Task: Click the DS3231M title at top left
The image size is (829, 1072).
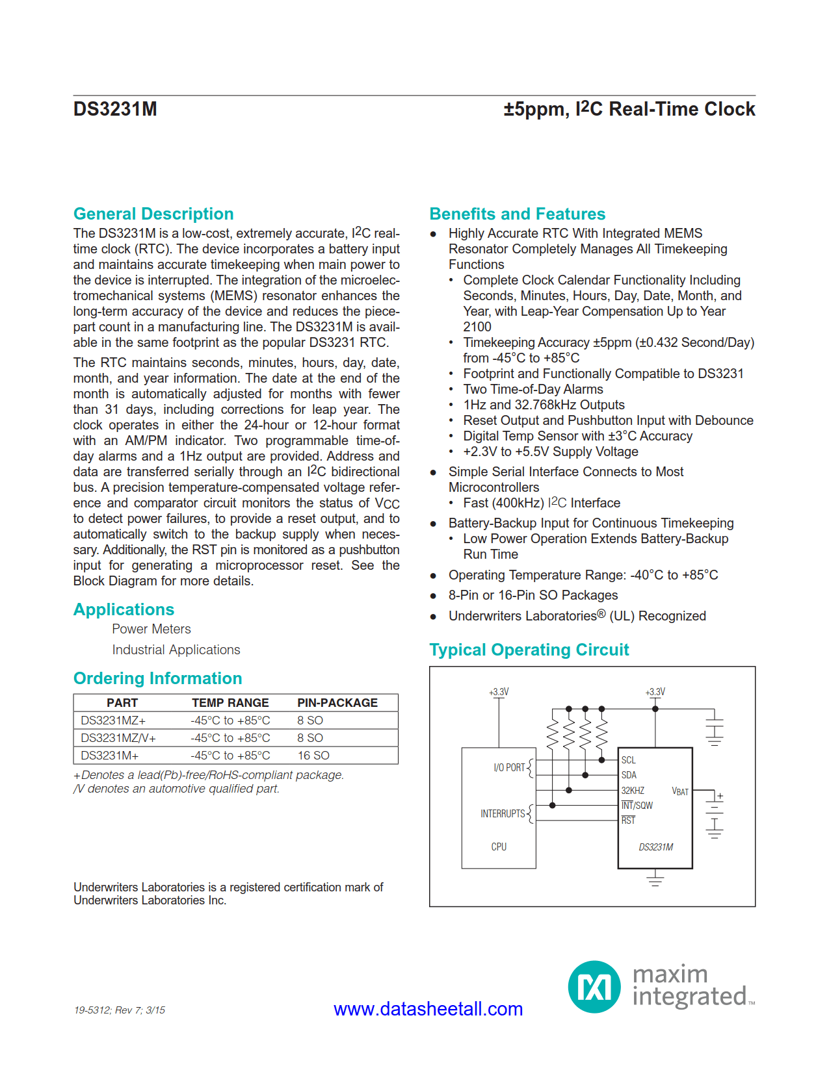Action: coord(115,109)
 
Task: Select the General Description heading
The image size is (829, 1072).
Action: coord(153,214)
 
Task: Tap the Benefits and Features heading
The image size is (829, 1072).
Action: coord(517,214)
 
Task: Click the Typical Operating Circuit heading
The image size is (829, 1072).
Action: coord(529,650)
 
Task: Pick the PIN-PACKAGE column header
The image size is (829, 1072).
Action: coord(337,703)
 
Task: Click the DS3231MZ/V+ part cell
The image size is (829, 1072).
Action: coord(118,738)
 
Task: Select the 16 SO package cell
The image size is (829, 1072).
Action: coord(313,756)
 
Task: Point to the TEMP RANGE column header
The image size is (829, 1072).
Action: coord(230,703)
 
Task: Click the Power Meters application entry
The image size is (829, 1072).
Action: coord(151,629)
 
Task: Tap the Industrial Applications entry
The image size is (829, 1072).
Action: coord(176,650)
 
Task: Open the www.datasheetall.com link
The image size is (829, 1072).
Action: coord(428,1009)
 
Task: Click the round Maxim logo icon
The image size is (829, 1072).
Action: coord(594,987)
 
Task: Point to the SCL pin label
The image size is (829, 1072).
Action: coord(628,760)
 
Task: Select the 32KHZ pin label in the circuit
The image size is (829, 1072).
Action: coord(633,791)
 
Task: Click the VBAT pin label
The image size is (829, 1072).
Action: coord(679,791)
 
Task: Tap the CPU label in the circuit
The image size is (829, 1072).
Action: coord(499,847)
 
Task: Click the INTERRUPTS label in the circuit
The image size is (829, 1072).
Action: coord(503,813)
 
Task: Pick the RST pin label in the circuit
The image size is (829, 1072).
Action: coord(628,821)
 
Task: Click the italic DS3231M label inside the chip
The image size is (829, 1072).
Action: coord(655,847)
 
